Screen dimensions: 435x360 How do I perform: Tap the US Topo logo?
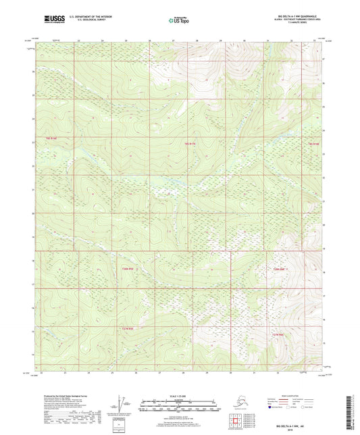[179, 21]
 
